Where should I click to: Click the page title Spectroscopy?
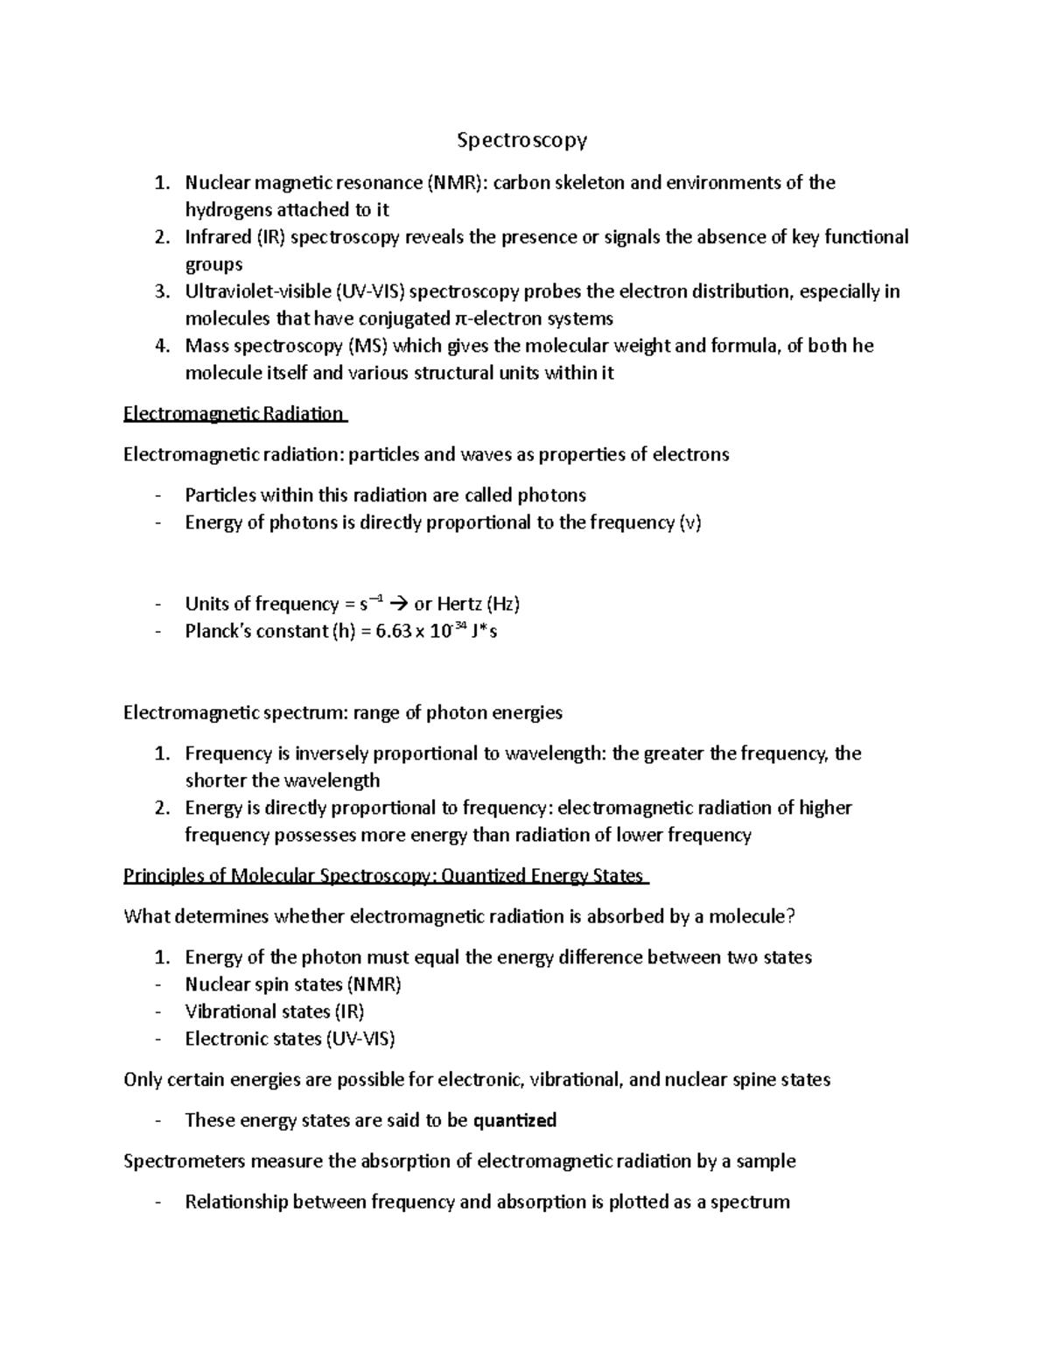[522, 140]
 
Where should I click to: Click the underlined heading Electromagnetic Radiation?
[234, 414]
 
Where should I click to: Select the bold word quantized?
[514, 1120]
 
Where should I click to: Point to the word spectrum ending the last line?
[749, 1202]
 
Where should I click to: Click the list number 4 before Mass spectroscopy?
[160, 346]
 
